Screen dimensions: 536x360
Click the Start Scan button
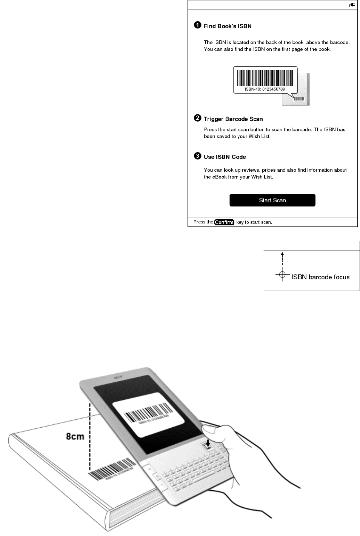click(272, 200)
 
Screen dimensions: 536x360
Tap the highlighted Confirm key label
click(224, 222)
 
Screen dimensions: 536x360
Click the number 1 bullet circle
click(197, 26)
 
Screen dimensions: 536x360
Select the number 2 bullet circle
click(197, 118)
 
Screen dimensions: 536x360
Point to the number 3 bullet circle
click(197, 156)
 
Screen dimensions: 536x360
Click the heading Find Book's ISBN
click(228, 26)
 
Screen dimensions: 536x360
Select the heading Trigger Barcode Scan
click(233, 119)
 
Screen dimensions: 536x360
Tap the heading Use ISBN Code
click(225, 157)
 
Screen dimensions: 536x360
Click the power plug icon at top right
click(352, 5)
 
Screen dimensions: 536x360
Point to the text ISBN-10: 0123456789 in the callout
click(265, 89)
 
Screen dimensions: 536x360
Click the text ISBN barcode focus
click(321, 277)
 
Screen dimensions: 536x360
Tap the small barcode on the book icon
click(298, 99)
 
